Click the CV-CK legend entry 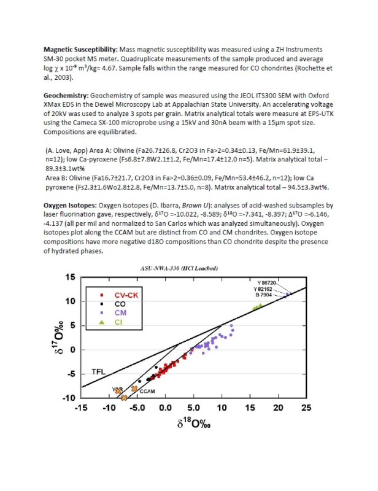pos(126,295)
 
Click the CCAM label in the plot pos(146,391)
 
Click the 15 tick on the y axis pos(71,277)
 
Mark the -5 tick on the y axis pos(71,374)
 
